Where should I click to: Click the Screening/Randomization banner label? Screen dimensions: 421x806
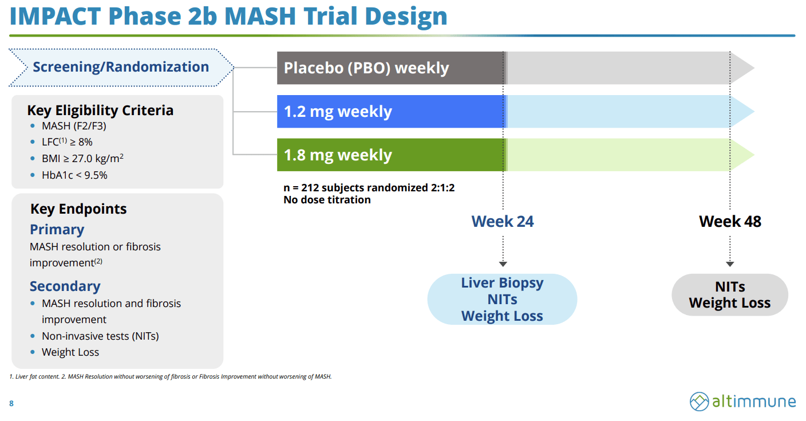pos(121,67)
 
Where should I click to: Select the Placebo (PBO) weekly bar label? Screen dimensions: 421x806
pos(366,68)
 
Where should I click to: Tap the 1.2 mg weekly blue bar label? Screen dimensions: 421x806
pos(338,112)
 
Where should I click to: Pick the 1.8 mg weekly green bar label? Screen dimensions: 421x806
pos(338,155)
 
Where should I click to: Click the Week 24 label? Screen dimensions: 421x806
pos(502,222)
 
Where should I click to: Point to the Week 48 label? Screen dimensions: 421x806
pos(730,222)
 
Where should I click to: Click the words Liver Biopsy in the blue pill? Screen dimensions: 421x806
pos(502,283)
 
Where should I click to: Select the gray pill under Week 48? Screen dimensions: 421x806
pos(730,295)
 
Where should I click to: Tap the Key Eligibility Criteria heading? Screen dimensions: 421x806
pos(100,110)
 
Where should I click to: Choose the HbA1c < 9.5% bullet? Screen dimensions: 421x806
pos(74,175)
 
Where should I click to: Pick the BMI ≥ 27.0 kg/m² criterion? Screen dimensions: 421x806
pos(82,159)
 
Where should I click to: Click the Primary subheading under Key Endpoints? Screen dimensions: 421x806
pos(57,230)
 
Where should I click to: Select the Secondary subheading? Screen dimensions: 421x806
pos(65,286)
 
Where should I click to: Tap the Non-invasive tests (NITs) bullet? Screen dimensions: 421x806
pos(100,336)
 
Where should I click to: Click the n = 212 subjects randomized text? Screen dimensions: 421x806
pos(369,188)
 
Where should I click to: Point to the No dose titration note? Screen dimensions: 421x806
pos(327,200)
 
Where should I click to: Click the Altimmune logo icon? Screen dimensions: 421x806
pos(699,402)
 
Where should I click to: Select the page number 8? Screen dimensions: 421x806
pos(11,404)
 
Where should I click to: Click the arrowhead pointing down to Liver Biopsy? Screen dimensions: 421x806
pos(503,263)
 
